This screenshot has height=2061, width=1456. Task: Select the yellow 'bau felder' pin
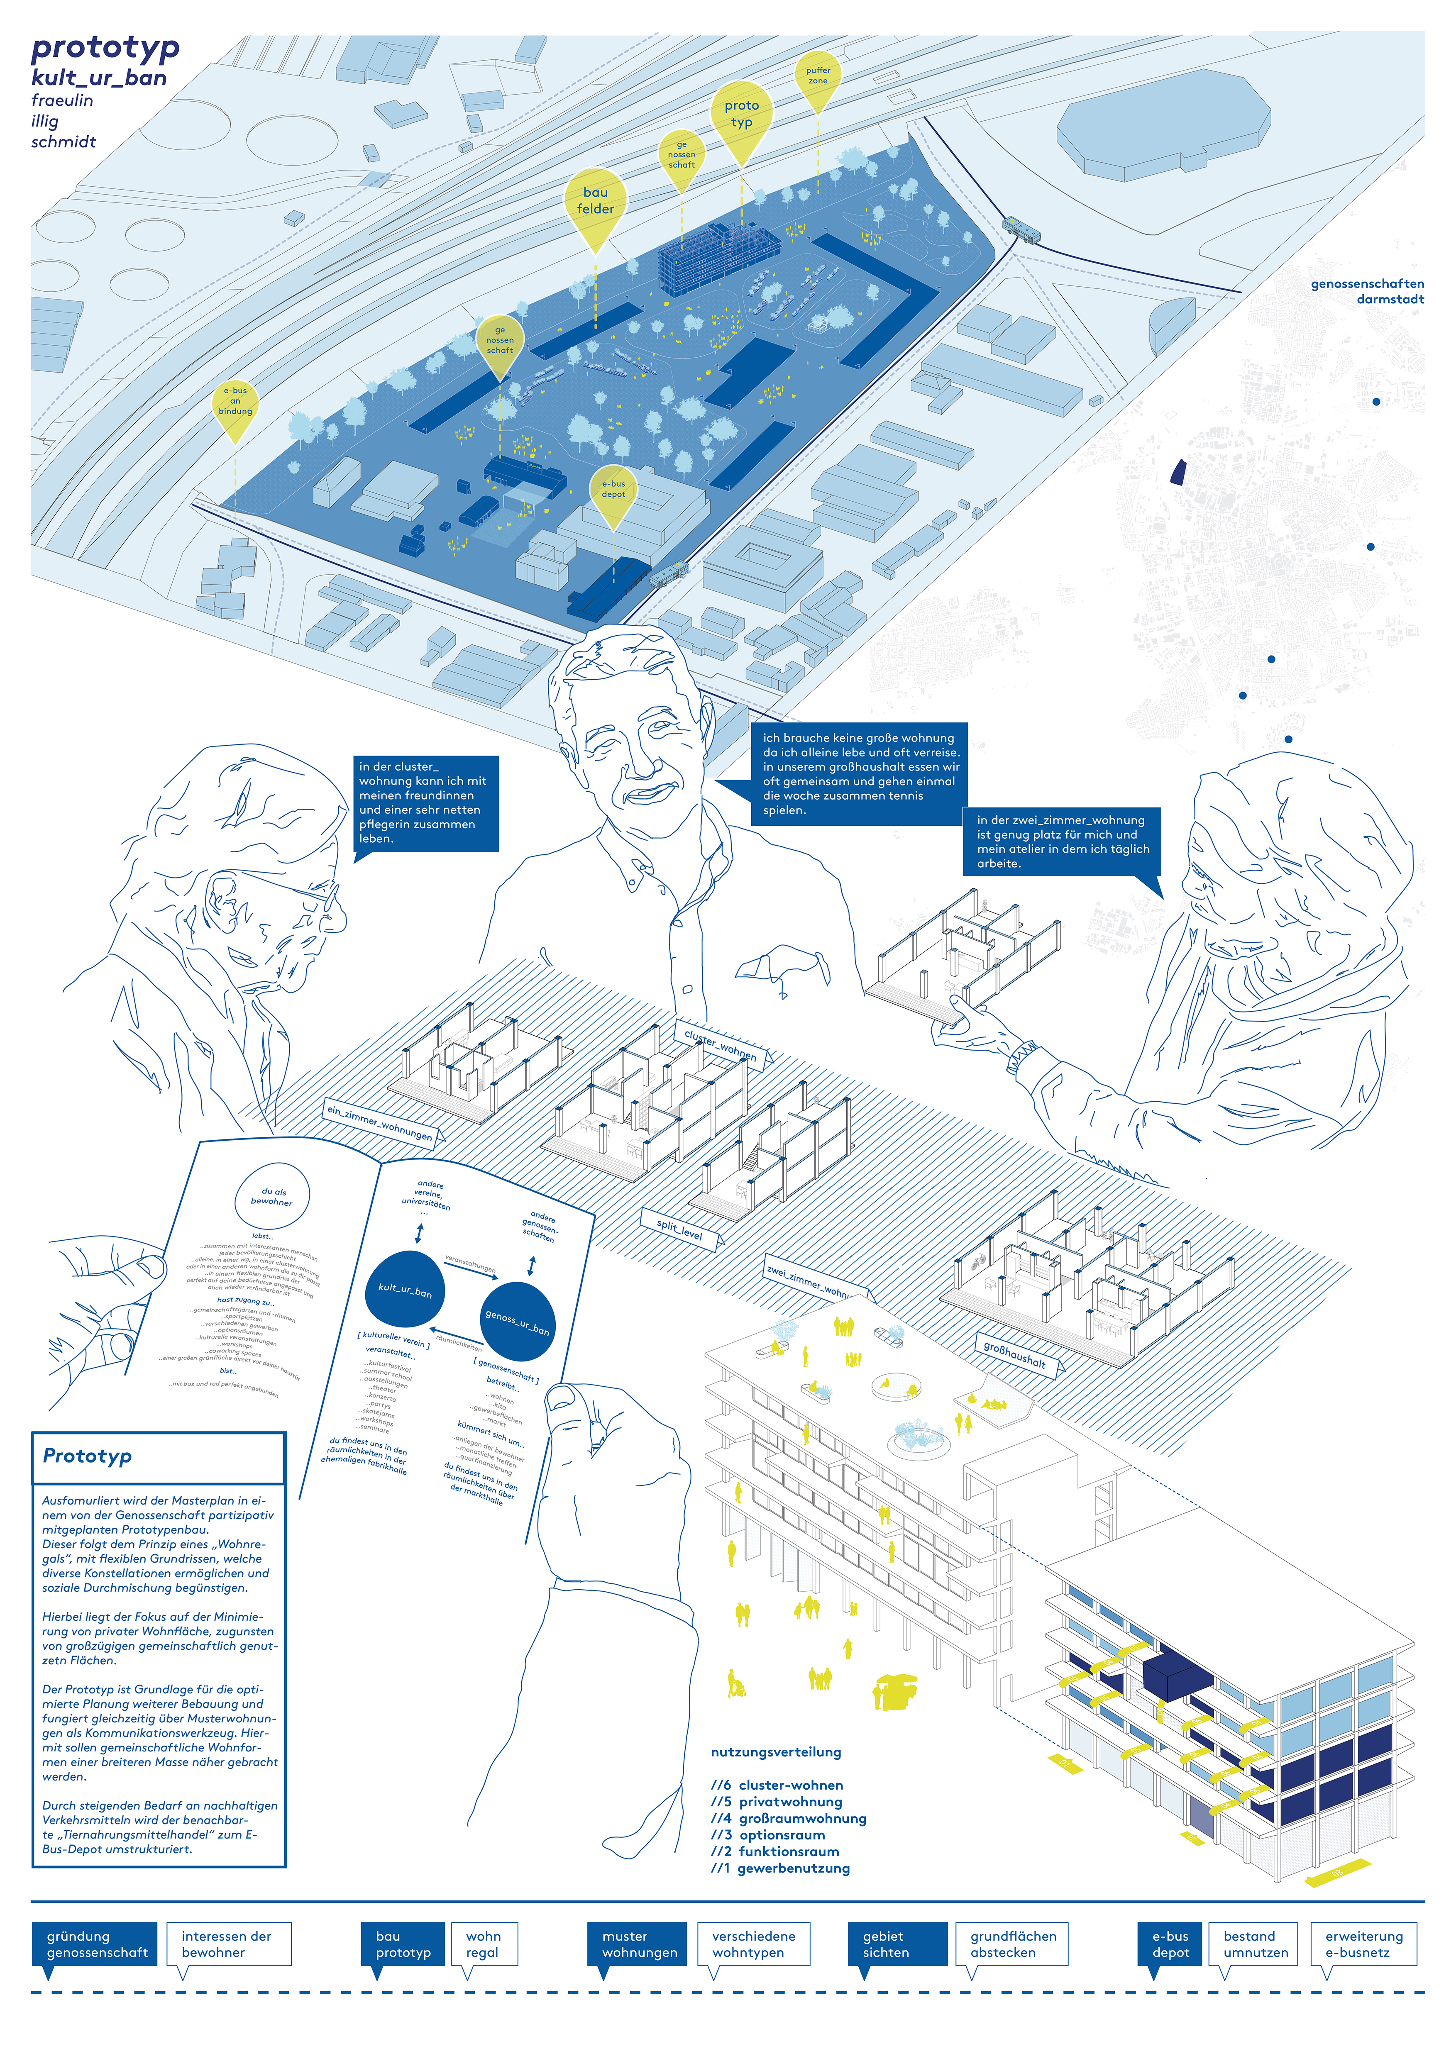[595, 202]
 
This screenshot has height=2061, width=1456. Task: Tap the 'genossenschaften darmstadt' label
[1366, 291]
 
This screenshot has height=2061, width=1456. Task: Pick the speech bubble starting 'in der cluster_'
[425, 802]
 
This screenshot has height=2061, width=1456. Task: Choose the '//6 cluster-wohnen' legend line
[777, 1785]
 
